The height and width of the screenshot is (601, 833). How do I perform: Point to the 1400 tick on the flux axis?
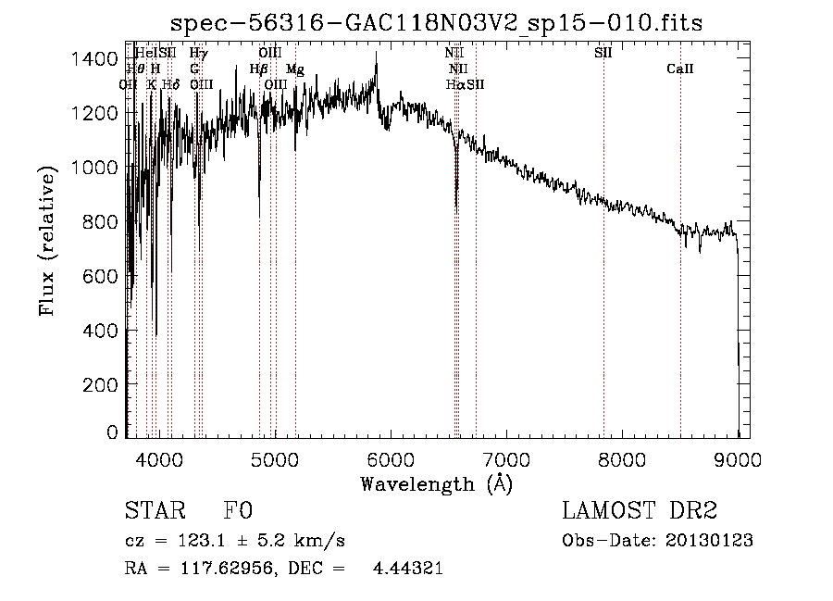point(94,59)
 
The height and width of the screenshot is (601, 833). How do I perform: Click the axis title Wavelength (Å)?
point(436,482)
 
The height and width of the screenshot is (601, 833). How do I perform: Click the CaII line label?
point(680,69)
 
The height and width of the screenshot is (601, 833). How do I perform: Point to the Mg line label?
point(294,69)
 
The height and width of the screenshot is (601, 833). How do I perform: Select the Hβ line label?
point(259,69)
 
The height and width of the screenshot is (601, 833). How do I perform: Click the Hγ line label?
point(198,54)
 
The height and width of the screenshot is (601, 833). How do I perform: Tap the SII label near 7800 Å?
point(603,54)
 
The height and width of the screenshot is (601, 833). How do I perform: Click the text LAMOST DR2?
point(640,511)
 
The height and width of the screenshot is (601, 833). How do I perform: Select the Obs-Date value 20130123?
point(710,540)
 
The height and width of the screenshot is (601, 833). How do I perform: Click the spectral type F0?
point(238,511)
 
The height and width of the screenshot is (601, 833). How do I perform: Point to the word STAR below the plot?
point(154,511)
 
